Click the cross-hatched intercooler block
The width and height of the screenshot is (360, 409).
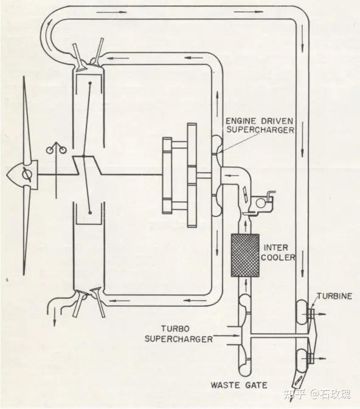click(245, 255)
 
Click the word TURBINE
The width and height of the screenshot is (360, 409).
click(334, 296)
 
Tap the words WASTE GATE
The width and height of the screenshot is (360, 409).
click(239, 385)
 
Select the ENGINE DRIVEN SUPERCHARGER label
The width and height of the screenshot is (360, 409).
click(260, 125)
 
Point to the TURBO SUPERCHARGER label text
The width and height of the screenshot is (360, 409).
click(179, 334)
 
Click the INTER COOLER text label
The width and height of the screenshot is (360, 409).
click(278, 252)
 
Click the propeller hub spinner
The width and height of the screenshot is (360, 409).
click(22, 175)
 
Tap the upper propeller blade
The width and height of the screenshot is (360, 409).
click(26, 120)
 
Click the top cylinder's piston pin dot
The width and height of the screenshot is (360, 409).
click(90, 83)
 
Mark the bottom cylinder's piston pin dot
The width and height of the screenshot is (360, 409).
click(90, 213)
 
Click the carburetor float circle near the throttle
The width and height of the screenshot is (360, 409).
click(260, 203)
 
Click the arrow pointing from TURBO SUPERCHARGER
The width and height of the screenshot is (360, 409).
click(226, 335)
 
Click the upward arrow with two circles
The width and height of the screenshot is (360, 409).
click(56, 170)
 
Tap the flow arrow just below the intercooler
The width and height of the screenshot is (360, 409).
click(246, 286)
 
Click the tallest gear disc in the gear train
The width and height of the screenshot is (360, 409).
click(192, 175)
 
